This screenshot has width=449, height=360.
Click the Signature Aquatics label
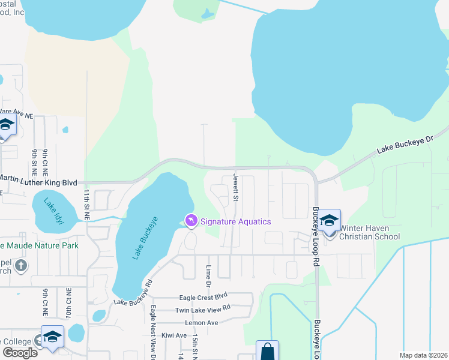point(235,221)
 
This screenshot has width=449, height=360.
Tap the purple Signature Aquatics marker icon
point(191,221)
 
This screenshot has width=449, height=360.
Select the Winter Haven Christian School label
point(369,232)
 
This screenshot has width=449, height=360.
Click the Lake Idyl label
point(56,211)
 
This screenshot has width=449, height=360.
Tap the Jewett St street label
point(236,188)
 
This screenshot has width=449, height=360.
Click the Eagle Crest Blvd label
point(203,297)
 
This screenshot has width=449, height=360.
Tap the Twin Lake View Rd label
point(203,309)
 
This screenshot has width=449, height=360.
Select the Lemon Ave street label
point(202,322)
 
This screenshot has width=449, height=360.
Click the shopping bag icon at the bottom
point(267,351)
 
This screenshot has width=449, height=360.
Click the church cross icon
point(20,266)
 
